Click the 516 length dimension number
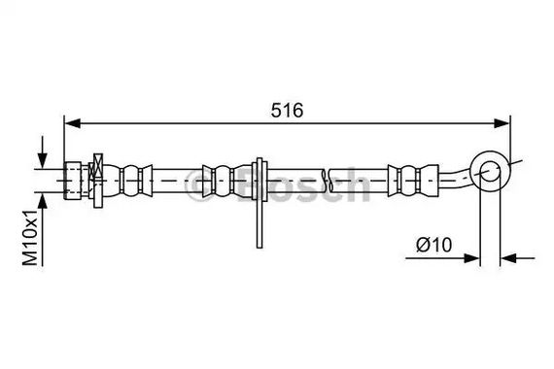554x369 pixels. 287,110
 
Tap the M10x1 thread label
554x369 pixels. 30,237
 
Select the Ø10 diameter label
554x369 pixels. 433,245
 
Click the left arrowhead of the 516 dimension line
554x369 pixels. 73,123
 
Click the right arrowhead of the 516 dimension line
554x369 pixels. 502,123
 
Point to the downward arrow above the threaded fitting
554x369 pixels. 43,152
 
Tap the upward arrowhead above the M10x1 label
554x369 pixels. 43,201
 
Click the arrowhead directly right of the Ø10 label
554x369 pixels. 471,258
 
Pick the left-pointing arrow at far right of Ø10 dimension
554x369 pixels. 518,258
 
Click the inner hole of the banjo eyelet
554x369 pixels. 491,171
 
